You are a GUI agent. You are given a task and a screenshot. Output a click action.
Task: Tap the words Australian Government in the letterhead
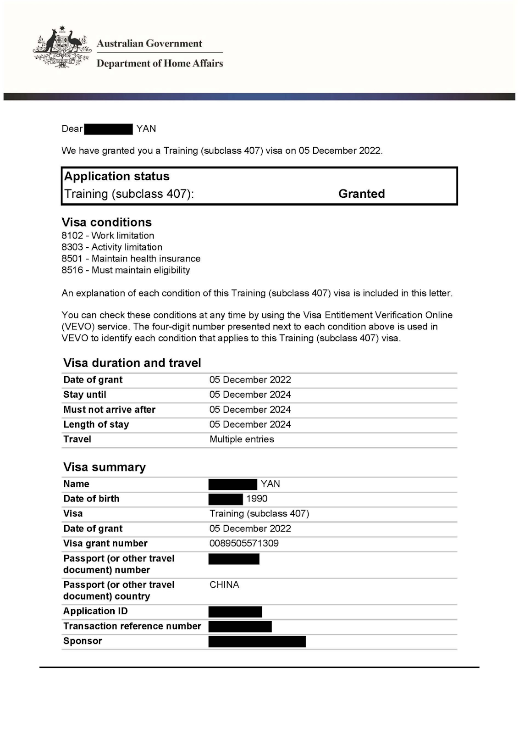pos(149,44)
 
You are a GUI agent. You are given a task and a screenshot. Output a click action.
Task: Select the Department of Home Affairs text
pos(160,63)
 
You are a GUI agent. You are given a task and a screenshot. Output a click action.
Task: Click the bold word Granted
pos(361,194)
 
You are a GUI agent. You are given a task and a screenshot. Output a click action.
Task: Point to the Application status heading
pos(116,177)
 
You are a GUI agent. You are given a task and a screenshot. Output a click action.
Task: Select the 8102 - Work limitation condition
pos(108,235)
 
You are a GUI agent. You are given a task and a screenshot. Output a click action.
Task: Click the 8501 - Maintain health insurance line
pos(131,259)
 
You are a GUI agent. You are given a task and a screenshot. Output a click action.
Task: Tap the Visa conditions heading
pos(106,222)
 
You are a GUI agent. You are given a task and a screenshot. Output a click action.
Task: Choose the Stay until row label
pos(84,395)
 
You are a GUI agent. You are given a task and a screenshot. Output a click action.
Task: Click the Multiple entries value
pos(242,439)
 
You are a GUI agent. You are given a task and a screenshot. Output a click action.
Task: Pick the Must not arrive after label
pos(109,410)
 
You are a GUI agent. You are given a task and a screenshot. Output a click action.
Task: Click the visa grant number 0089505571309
pos(244,543)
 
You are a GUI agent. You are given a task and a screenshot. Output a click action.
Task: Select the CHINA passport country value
pos(224,584)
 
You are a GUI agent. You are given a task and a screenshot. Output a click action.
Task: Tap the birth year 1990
pos(256,499)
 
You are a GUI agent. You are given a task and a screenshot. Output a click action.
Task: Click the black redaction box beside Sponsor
pos(257,641)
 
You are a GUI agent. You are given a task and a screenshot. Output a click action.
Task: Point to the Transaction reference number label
pos(132,626)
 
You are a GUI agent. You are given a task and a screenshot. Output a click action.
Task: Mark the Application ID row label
pos(95,611)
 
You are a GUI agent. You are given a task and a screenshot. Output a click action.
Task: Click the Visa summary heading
pos(104,467)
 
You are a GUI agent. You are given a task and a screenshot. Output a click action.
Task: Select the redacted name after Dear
pos(108,129)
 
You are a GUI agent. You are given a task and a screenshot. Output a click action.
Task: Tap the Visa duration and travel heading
pos(132,363)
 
